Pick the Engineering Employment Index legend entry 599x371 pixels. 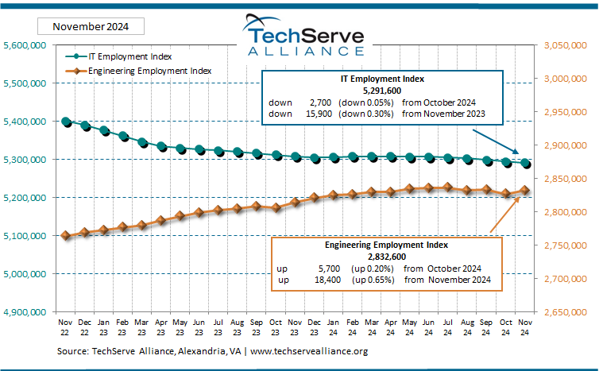[x=138, y=71]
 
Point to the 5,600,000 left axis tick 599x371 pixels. [x=25, y=45]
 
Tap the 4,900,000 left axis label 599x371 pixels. [x=25, y=312]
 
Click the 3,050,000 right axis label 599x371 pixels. [x=567, y=45]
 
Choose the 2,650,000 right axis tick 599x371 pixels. [x=567, y=312]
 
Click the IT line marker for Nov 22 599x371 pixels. [x=67, y=122]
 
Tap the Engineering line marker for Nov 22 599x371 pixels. [x=67, y=236]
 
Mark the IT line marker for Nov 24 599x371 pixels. [x=525, y=164]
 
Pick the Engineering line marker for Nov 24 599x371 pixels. [x=525, y=190]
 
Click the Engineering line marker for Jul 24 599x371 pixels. [x=448, y=187]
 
